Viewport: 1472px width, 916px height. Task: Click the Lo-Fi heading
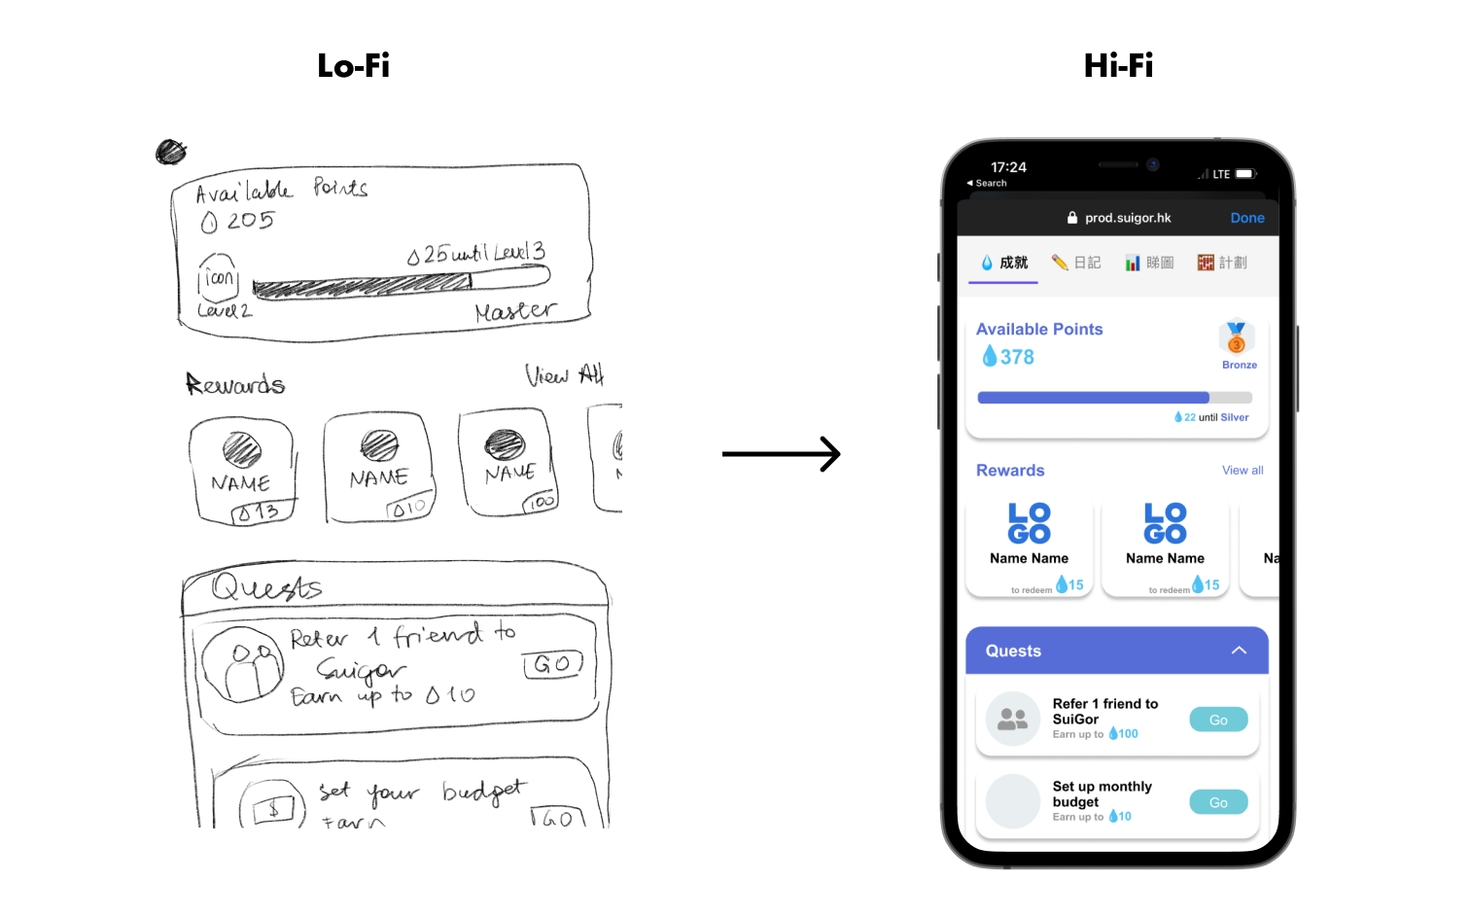coord(353,65)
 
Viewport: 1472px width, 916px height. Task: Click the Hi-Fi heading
coord(1118,65)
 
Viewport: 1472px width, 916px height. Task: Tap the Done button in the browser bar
coord(1246,218)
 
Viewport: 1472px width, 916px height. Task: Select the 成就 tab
coord(1003,263)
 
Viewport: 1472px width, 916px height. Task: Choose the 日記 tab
coord(1076,263)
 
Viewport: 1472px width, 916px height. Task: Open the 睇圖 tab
coord(1149,263)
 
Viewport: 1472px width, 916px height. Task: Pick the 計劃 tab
coord(1222,263)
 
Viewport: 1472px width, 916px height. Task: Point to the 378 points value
coord(1017,357)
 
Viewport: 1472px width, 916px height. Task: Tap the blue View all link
coord(1243,471)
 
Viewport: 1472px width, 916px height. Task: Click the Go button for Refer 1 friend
coord(1218,720)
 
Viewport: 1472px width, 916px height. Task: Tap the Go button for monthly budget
coord(1218,802)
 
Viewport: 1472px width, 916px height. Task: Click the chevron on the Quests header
coord(1239,651)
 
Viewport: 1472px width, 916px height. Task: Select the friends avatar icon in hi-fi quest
coord(1013,720)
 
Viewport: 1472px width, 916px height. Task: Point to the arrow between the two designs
coord(781,454)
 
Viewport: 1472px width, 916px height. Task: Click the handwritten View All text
coord(564,375)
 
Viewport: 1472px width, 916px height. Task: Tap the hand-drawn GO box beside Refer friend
coord(552,664)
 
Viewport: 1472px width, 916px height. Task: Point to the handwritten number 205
coord(250,221)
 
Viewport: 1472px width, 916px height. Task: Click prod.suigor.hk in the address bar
coord(1128,218)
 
